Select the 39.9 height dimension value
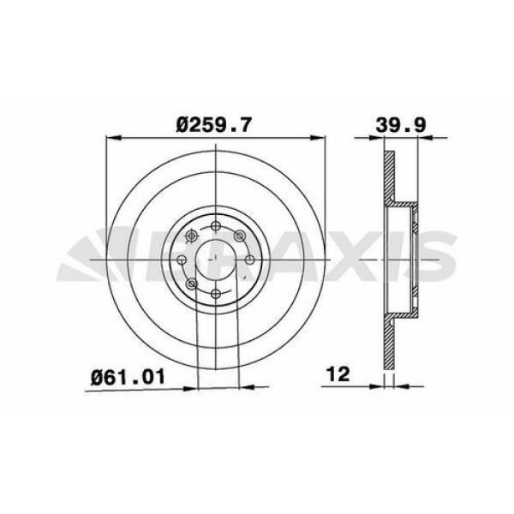[x=401, y=125]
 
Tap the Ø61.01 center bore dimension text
[x=128, y=377]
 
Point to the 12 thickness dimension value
[x=339, y=374]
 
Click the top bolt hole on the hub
[x=215, y=225]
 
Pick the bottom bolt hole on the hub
[x=215, y=293]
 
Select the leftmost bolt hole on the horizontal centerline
[x=181, y=260]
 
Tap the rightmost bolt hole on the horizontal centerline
[x=250, y=260]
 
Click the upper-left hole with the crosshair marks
[x=190, y=236]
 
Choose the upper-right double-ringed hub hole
[x=240, y=236]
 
